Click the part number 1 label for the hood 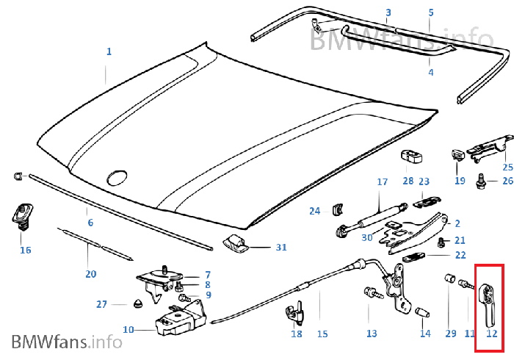[x=109, y=51]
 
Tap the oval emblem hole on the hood [x=117, y=176]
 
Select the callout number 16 [x=26, y=251]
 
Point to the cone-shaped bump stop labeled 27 [x=139, y=303]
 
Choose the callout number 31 [x=281, y=248]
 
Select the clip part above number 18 [x=296, y=312]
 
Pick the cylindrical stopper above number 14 [x=424, y=314]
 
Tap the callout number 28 [x=408, y=181]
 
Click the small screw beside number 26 [x=480, y=177]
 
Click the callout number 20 [x=90, y=274]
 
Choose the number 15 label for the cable [x=322, y=334]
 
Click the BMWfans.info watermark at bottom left [x=67, y=342]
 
